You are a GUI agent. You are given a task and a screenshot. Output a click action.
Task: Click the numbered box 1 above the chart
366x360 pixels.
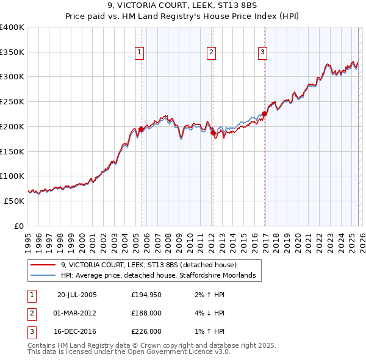pyautogui.click(x=140, y=53)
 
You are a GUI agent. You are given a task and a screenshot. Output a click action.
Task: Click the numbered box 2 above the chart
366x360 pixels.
pyautogui.click(x=212, y=53)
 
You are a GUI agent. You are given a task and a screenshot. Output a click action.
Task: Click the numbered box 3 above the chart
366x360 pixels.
pyautogui.click(x=263, y=53)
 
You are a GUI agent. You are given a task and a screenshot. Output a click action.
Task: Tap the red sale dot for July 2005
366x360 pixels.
pyautogui.click(x=141, y=129)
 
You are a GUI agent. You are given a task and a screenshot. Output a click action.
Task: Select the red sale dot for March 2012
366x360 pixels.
pyautogui.click(x=213, y=132)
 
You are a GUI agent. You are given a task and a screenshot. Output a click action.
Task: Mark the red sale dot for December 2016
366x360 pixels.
pyautogui.click(x=265, y=113)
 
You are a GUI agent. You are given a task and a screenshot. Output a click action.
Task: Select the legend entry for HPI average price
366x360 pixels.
pyautogui.click(x=161, y=276)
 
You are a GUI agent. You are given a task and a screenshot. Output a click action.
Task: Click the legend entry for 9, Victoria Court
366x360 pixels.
pyautogui.click(x=152, y=265)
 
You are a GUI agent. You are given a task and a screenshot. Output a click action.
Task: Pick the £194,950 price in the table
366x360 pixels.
pyautogui.click(x=147, y=294)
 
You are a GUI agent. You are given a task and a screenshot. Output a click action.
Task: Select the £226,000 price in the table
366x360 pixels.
pyautogui.click(x=147, y=332)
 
